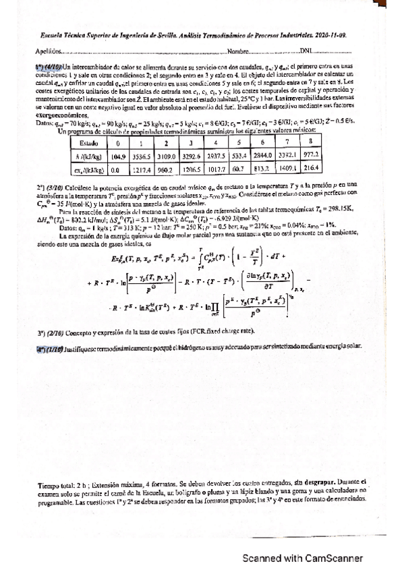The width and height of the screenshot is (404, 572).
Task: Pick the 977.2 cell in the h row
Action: point(312,156)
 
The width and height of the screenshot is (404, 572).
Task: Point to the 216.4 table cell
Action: point(312,169)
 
